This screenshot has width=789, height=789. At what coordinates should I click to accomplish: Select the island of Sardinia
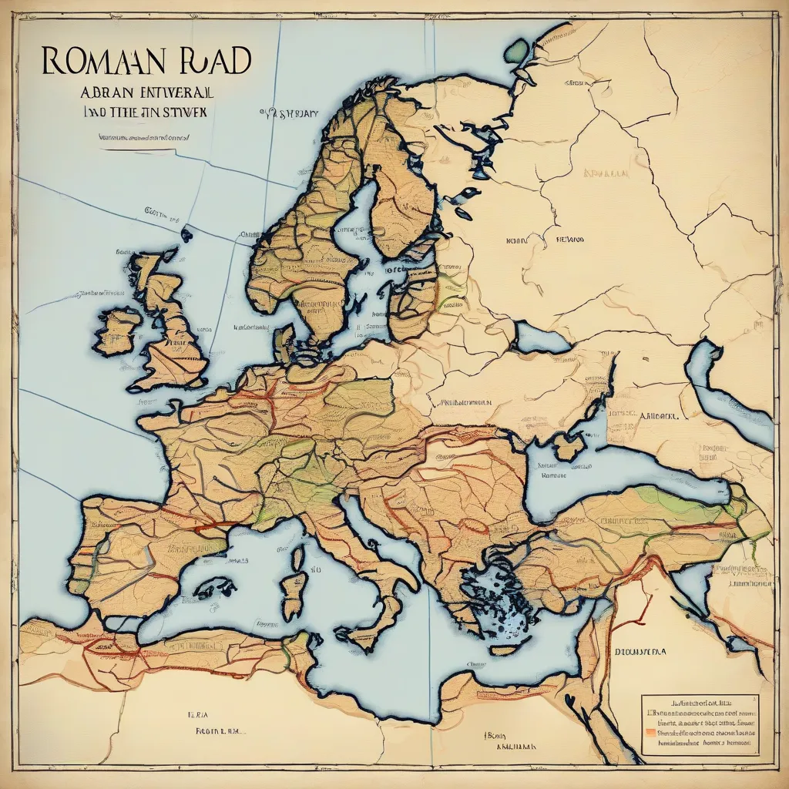[x=293, y=593]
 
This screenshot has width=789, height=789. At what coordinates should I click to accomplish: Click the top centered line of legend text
[x=699, y=703]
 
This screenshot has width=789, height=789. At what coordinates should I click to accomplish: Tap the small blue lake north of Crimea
[x=539, y=337]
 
